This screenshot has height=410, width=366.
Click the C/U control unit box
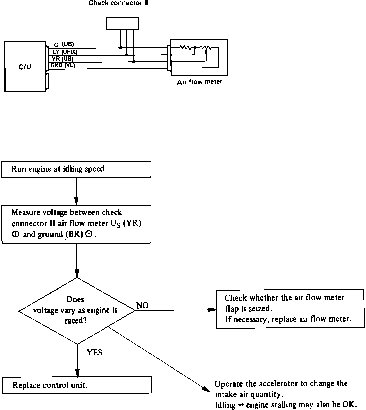[x=25, y=67]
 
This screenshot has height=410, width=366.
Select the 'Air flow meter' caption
[x=200, y=82]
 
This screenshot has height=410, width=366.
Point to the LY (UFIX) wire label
[x=65, y=52]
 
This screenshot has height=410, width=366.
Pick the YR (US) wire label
[x=62, y=59]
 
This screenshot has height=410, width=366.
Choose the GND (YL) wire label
[x=63, y=65]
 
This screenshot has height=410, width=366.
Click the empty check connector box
[x=122, y=23]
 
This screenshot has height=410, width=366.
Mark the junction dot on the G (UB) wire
[x=121, y=48]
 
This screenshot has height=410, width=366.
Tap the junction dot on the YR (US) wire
[x=133, y=61]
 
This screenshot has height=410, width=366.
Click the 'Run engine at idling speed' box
[x=76, y=169]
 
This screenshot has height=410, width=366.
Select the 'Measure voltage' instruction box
[x=76, y=224]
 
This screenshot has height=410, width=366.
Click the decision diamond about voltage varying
[x=77, y=311]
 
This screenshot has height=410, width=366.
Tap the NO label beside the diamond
[x=142, y=305]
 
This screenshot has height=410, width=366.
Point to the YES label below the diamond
[x=95, y=353]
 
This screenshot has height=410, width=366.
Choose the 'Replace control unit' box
[x=77, y=385]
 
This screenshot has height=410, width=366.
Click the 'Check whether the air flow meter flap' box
[x=290, y=309]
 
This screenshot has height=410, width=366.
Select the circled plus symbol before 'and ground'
[x=15, y=234]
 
